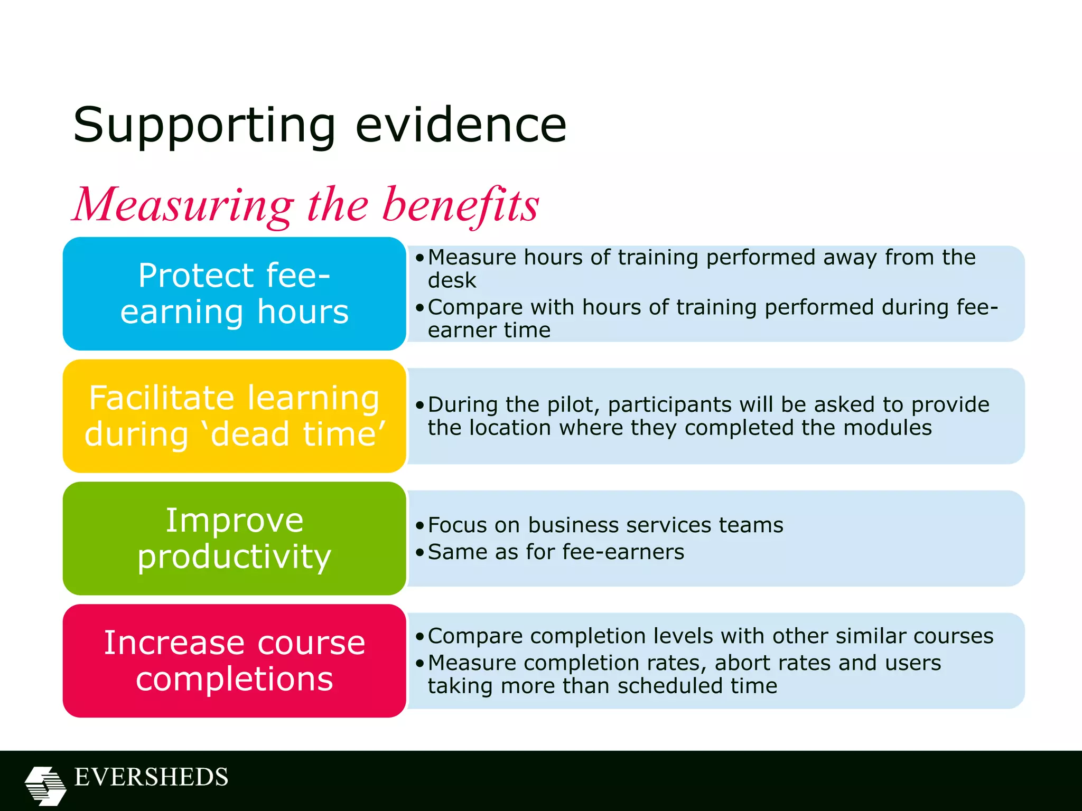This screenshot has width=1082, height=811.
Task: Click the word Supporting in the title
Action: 204,126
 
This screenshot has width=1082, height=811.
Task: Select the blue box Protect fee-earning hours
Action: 234,294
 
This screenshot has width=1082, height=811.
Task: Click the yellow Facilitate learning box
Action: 234,416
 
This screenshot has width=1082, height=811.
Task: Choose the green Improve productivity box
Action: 234,538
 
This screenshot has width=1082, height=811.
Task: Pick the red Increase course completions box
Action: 234,661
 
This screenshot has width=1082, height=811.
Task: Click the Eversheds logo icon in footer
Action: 45,785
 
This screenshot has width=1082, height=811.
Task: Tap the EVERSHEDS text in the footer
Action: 151,777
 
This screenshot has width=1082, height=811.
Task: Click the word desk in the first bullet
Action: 452,280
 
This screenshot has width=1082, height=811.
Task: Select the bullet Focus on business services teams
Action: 605,525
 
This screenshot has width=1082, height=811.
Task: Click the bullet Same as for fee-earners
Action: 555,552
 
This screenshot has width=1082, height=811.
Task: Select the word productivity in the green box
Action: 234,557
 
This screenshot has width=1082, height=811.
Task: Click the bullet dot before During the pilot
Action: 419,405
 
